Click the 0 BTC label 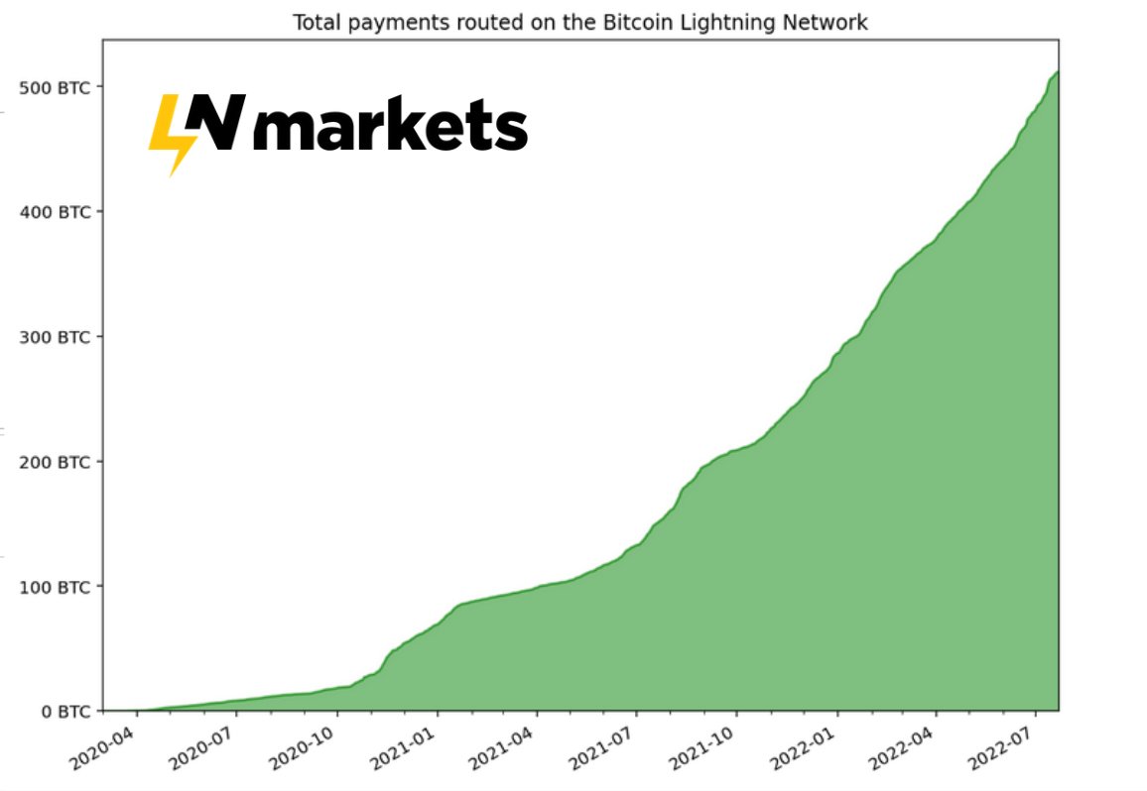click(62, 712)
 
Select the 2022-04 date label click(903, 747)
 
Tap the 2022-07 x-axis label click(1002, 747)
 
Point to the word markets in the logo click(390, 128)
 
